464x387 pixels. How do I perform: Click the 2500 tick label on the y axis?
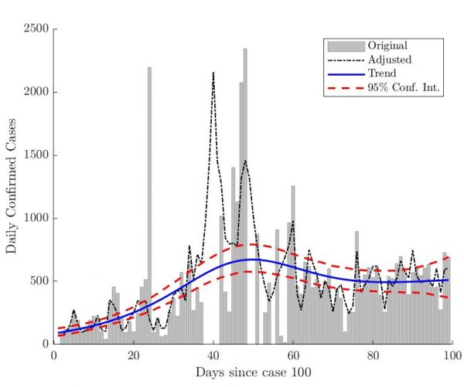34,29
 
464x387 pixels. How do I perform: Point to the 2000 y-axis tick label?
34,92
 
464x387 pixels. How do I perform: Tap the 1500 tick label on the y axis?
34,155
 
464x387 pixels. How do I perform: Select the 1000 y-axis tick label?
34,219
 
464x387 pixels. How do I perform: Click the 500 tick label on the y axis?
37,281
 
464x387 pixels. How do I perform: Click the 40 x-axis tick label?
213,356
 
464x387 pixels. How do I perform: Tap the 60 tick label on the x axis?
293,356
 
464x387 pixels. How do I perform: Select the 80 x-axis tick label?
373,356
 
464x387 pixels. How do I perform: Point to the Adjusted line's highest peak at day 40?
213,73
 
